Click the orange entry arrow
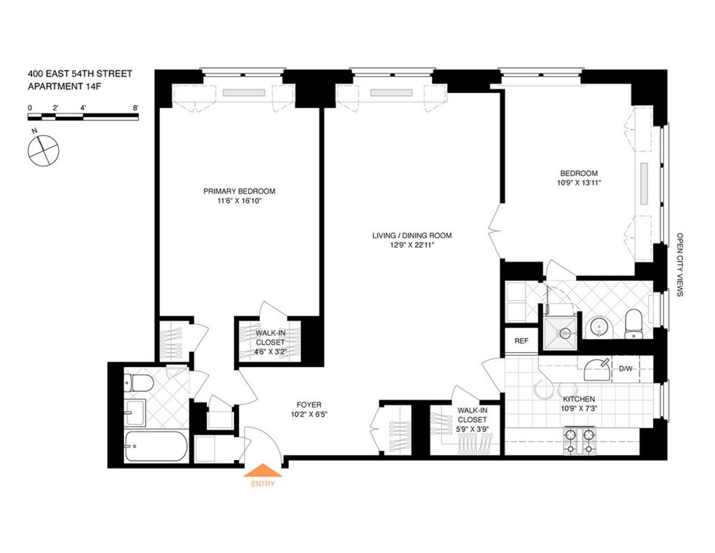click(x=263, y=471)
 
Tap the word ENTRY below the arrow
click(x=263, y=484)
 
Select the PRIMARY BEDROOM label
click(x=239, y=191)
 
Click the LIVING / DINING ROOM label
click(x=412, y=235)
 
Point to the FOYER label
click(x=309, y=405)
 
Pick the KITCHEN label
click(x=579, y=399)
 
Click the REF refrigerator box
click(x=521, y=341)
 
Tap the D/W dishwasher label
click(x=625, y=369)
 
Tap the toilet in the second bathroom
click(x=632, y=324)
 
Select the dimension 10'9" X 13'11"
click(x=574, y=184)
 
